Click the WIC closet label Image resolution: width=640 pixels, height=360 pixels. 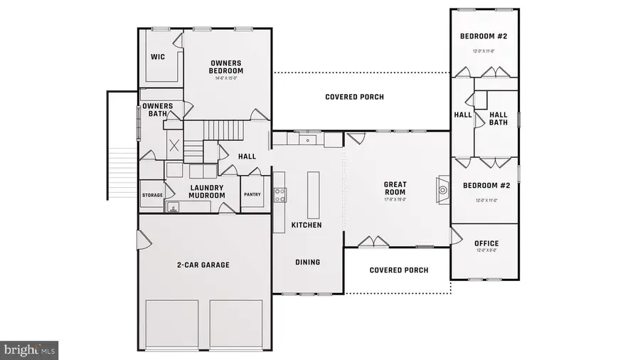click(x=158, y=57)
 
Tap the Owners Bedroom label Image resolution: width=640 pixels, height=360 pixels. click(x=225, y=66)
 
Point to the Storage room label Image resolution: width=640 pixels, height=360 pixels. click(x=152, y=195)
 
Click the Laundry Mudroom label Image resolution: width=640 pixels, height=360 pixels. click(x=207, y=191)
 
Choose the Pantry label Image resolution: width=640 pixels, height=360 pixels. click(x=252, y=194)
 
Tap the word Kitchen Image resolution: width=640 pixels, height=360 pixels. click(x=306, y=225)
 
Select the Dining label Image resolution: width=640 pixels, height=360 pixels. click(x=307, y=262)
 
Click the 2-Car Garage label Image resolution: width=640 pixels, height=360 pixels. click(x=203, y=265)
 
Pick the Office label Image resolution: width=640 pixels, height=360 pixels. click(x=486, y=244)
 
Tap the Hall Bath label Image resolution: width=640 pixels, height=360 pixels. click(x=498, y=118)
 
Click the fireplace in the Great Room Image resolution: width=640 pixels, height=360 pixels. click(x=443, y=189)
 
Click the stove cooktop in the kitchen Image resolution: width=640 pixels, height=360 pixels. click(x=280, y=195)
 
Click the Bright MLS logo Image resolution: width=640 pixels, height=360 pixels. click(x=29, y=350)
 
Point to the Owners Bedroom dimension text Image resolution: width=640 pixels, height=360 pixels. click(x=225, y=78)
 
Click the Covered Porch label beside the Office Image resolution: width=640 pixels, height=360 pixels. click(x=399, y=270)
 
